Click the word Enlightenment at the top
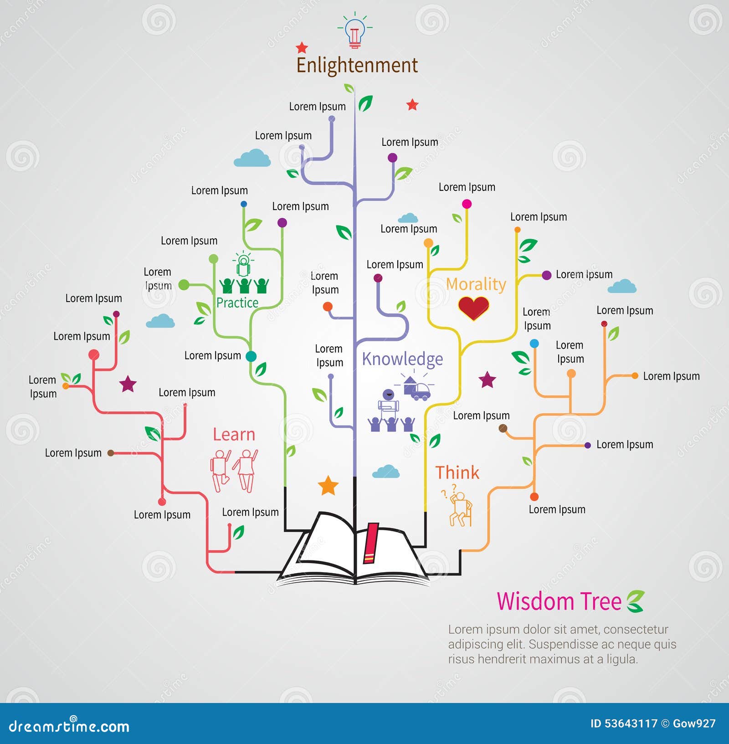point(357,65)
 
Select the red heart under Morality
point(473,308)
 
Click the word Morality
point(476,284)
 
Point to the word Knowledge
point(402,359)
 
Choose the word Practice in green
point(237,303)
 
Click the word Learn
point(234,435)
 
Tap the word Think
point(457,473)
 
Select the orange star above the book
point(328,486)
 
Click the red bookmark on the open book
point(370,543)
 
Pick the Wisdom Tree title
point(559,601)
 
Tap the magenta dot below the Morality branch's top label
point(467,204)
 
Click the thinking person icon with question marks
point(459,508)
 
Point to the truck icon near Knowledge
point(418,390)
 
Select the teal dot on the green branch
point(251,356)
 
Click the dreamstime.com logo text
point(69,726)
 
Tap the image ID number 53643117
point(631,723)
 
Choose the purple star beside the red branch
point(128,384)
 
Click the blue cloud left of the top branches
point(252,158)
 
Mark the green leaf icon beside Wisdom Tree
point(635,601)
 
